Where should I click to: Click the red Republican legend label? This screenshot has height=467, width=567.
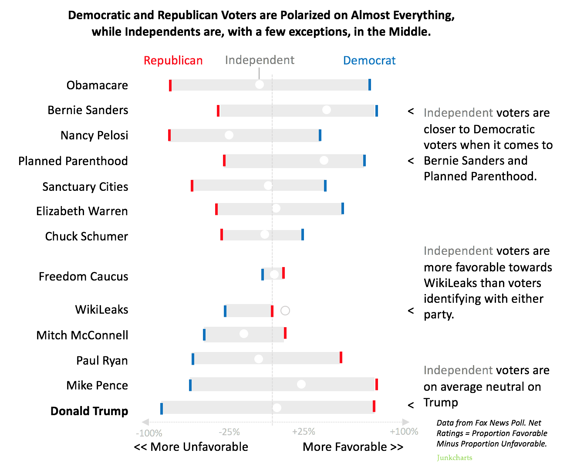[x=173, y=61]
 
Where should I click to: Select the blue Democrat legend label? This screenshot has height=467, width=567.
[x=369, y=61]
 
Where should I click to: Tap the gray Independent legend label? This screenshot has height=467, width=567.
[x=260, y=60]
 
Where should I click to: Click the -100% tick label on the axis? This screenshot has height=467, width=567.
[x=149, y=433]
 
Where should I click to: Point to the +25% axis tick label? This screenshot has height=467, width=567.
[x=304, y=431]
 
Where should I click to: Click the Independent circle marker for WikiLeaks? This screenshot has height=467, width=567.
[x=285, y=311]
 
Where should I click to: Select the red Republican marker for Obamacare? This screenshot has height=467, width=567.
[x=170, y=85]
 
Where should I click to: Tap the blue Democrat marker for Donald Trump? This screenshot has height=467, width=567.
[x=162, y=409]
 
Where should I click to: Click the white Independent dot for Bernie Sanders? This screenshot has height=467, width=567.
[x=326, y=110]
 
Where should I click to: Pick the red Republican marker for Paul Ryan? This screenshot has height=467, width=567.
[x=341, y=357]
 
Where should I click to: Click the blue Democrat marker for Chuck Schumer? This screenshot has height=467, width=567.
[x=303, y=234]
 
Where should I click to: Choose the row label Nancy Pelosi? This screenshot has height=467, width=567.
[x=94, y=135]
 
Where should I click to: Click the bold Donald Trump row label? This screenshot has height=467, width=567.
[x=89, y=411]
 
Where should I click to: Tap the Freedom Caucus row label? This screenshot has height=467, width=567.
[x=83, y=277]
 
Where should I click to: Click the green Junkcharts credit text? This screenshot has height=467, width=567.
[x=454, y=457]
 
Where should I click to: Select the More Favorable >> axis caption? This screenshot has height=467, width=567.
[x=353, y=447]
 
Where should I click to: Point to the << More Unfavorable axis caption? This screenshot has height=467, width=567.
[x=191, y=447]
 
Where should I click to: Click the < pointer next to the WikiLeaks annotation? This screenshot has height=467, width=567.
[x=411, y=311]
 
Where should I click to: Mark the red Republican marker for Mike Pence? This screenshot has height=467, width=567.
[x=377, y=384]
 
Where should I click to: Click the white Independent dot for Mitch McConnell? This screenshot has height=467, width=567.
[x=244, y=334]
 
